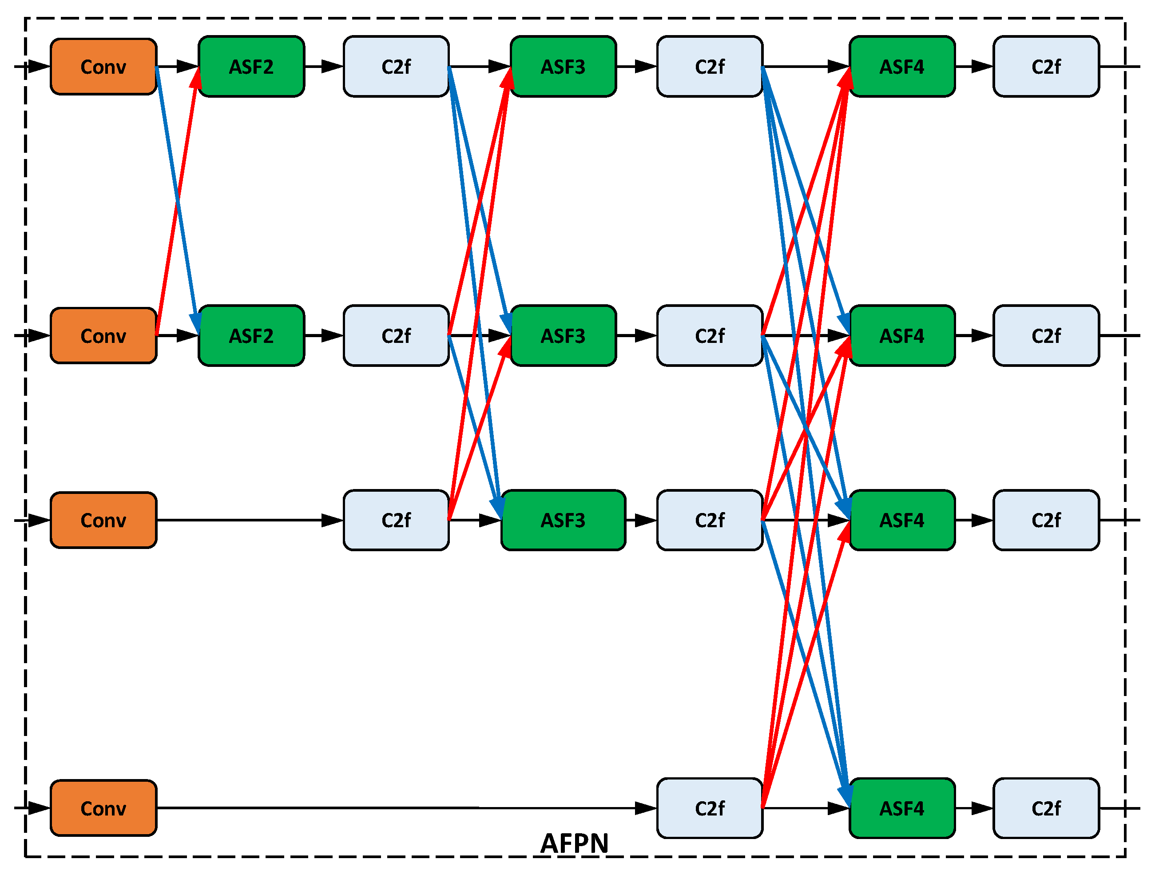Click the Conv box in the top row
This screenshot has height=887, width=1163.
(103, 67)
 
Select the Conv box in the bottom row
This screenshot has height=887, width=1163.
(103, 808)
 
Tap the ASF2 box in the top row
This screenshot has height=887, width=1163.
(251, 67)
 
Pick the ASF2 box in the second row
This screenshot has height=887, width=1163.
(251, 336)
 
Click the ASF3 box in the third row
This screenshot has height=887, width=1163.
(563, 521)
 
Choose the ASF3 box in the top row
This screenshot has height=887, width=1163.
(563, 67)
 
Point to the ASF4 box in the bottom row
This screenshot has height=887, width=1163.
(902, 808)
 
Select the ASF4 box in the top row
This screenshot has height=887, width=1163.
(902, 67)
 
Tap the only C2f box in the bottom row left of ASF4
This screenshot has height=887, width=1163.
(710, 808)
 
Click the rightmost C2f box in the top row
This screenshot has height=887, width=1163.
(1046, 67)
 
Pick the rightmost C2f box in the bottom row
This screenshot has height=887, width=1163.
(1046, 808)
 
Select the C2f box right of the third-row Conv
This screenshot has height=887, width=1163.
(397, 521)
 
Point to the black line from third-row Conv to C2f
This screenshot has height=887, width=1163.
(243, 521)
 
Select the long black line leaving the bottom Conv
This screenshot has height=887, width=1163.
(396, 808)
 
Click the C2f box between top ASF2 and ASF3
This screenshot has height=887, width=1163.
(397, 67)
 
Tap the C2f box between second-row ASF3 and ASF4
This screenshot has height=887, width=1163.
(710, 336)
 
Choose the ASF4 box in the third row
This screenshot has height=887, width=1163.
(902, 521)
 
